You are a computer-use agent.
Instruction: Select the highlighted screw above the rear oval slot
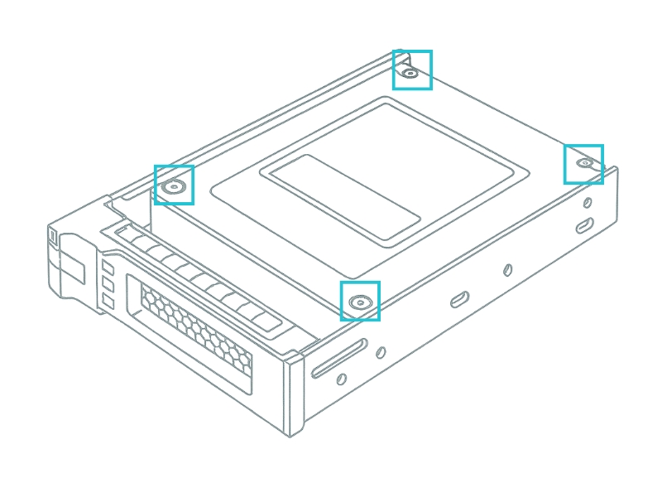[x=585, y=163]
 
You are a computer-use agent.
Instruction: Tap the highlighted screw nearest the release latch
[x=174, y=186]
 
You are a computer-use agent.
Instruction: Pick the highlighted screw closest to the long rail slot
[x=360, y=302]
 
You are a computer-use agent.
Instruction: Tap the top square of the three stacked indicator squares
[x=108, y=268]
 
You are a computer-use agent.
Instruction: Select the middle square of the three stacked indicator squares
[x=108, y=284]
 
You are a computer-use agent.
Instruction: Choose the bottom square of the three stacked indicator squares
[x=108, y=301]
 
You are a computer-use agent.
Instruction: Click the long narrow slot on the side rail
[x=339, y=358]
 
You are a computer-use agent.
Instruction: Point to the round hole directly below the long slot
[x=341, y=379]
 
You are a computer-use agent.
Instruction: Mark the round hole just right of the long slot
[x=381, y=352]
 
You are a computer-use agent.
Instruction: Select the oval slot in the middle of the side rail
[x=460, y=299]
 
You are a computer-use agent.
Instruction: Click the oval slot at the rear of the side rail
[x=584, y=225]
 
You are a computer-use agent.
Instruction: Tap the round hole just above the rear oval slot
[x=588, y=203]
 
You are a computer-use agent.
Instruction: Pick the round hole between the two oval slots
[x=507, y=270]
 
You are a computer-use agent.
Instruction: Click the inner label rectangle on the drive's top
[x=345, y=197]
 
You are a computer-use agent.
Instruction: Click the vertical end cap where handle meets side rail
[x=294, y=393]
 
